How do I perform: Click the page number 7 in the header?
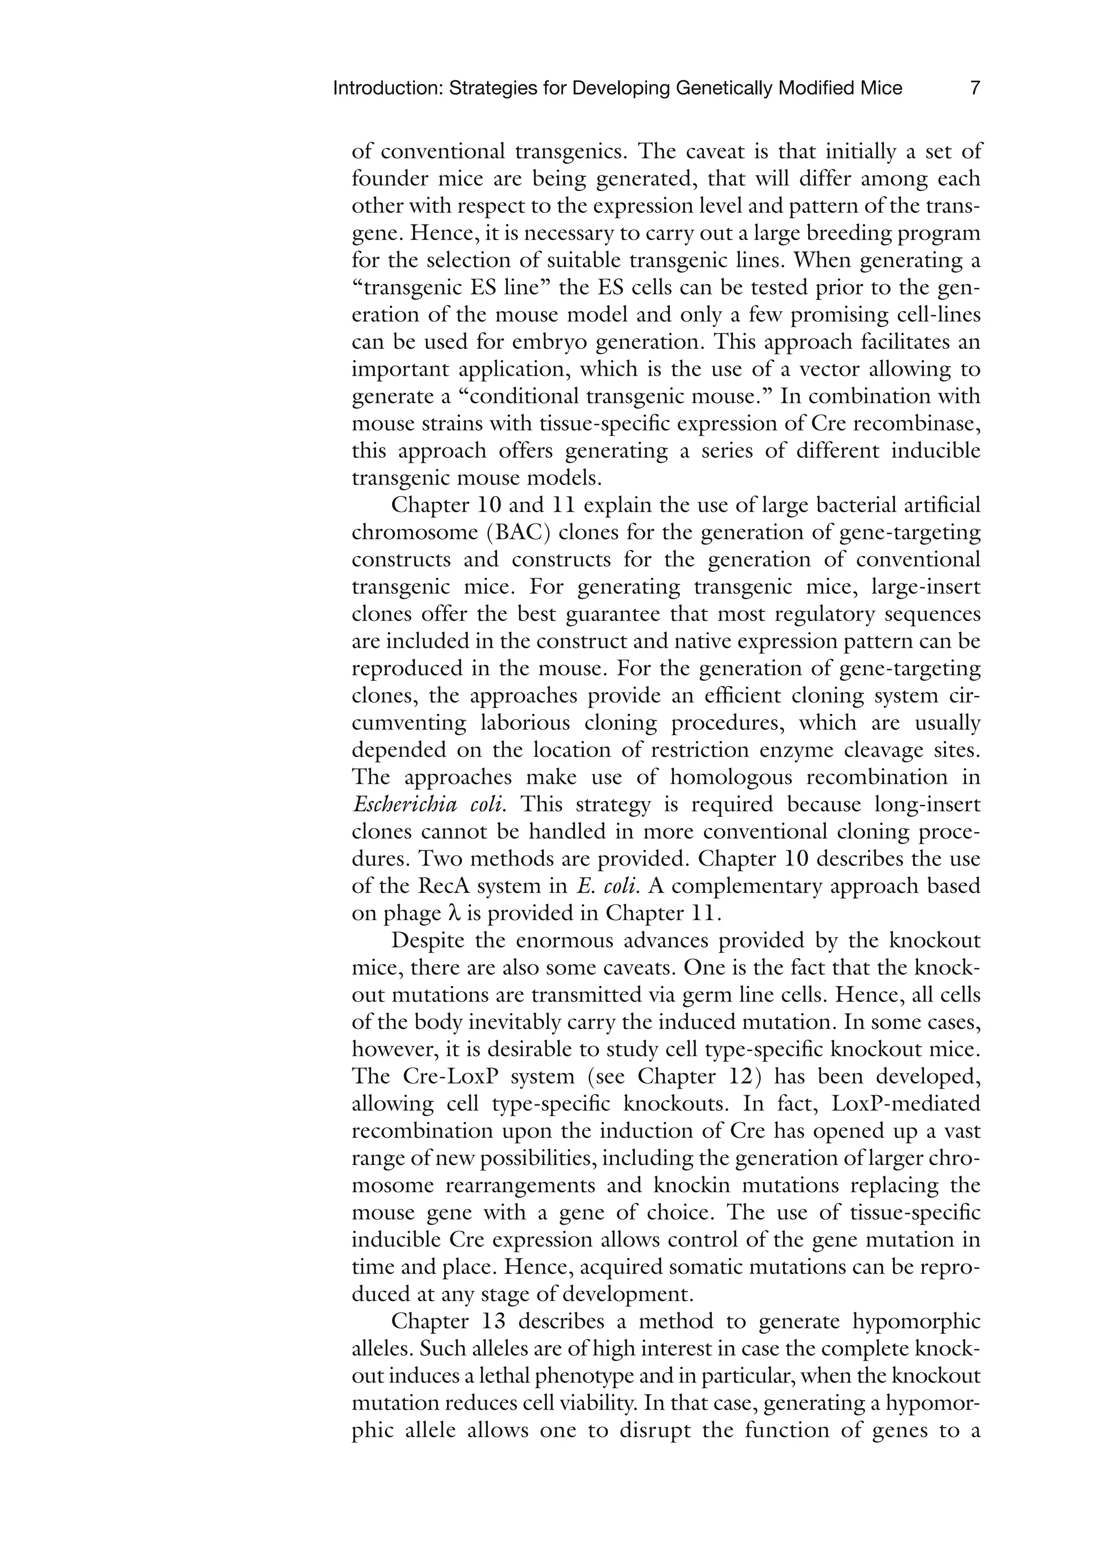click(x=975, y=88)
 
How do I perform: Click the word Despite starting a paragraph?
click(x=429, y=940)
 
